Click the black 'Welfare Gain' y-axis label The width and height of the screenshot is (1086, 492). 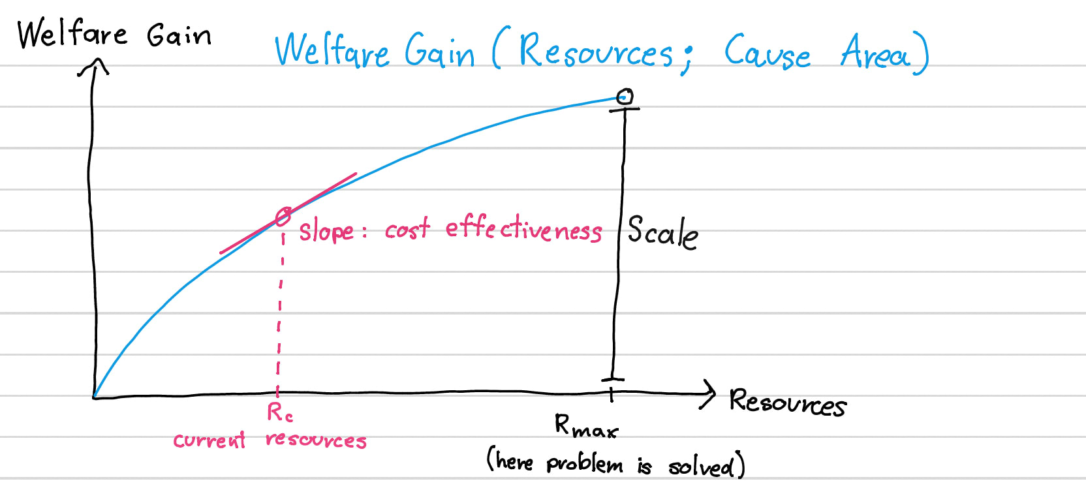click(x=114, y=33)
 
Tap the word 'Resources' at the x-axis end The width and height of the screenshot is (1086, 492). click(x=788, y=403)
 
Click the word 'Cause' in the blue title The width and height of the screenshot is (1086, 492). click(x=767, y=52)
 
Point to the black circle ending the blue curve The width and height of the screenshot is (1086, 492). click(x=625, y=96)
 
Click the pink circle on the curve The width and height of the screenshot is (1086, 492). click(x=283, y=217)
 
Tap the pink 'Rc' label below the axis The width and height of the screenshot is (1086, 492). click(x=280, y=412)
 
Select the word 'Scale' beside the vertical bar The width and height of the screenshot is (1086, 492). click(x=662, y=233)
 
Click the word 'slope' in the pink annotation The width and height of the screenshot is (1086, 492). click(x=326, y=231)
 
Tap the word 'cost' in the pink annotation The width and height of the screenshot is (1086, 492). click(x=407, y=229)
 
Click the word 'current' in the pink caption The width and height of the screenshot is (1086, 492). click(x=209, y=440)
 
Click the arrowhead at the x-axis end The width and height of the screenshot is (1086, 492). click(x=708, y=393)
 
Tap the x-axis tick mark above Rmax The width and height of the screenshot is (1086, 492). click(x=612, y=395)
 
